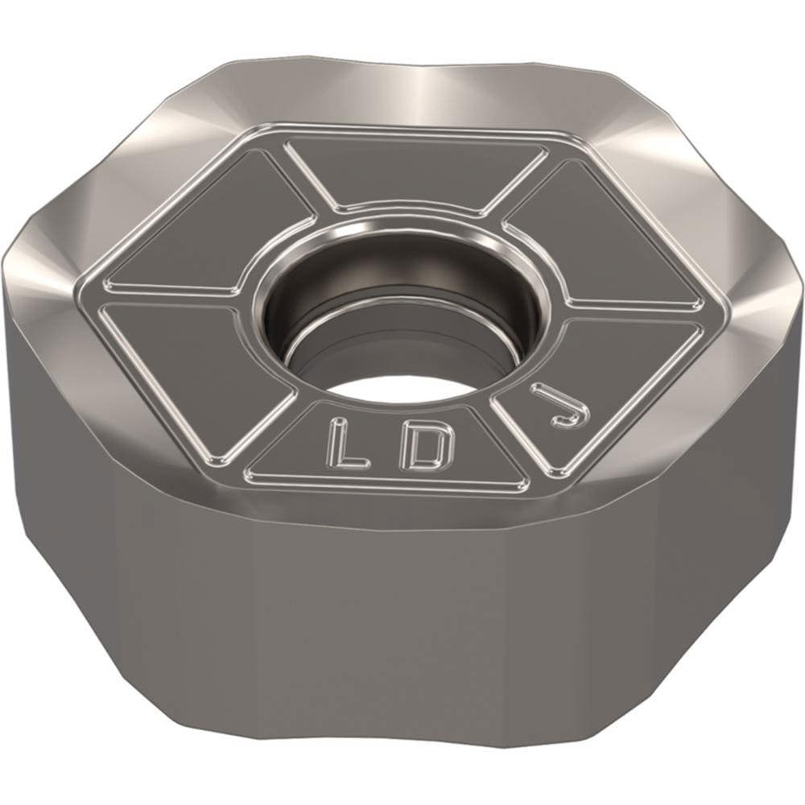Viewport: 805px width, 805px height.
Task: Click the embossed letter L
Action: pos(348,444)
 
